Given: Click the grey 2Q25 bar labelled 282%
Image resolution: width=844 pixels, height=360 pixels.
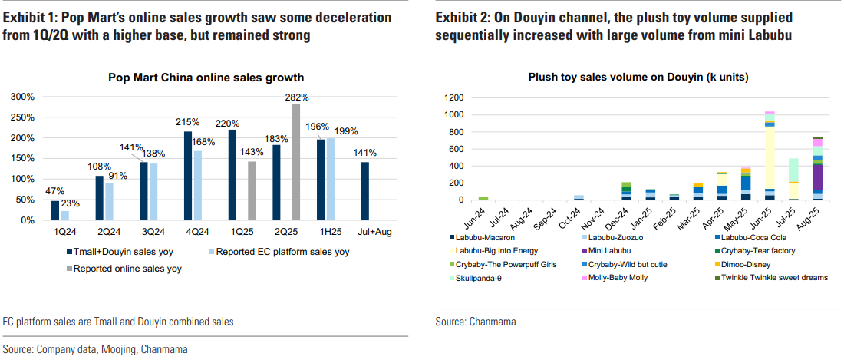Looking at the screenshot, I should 296,162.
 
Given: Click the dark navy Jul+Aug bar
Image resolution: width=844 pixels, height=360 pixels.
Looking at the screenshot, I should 365,191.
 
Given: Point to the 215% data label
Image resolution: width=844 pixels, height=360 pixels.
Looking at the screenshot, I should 188,122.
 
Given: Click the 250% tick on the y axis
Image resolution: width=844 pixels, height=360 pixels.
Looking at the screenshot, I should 22,117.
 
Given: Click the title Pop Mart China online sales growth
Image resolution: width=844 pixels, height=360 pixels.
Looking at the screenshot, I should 206,77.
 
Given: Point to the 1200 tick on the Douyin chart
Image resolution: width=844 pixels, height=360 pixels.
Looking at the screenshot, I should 453,97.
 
